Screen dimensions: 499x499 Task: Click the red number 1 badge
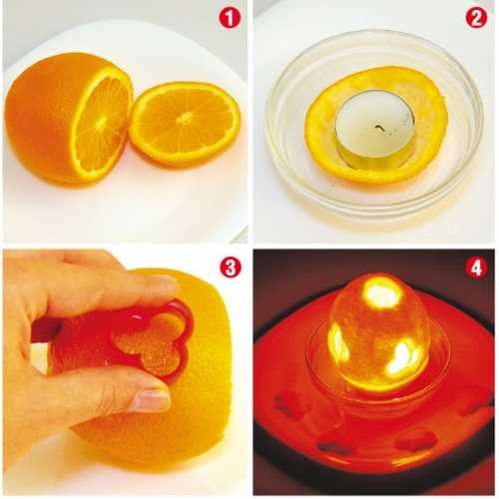pyautogui.click(x=230, y=19)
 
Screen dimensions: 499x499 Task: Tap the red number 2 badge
pyautogui.click(x=476, y=19)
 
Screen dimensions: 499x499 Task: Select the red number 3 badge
pyautogui.click(x=231, y=267)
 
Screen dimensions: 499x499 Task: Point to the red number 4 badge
pyautogui.click(x=476, y=267)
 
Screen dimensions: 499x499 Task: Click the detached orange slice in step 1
pyautogui.click(x=185, y=124)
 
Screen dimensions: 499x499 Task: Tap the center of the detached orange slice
pyautogui.click(x=185, y=118)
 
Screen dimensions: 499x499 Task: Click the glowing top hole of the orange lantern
pyautogui.click(x=383, y=293)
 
